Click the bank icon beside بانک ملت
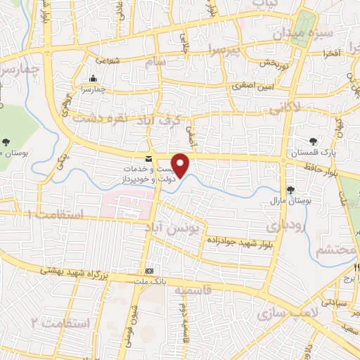click(148, 271)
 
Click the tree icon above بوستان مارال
click(291, 190)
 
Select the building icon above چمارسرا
click(94, 78)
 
